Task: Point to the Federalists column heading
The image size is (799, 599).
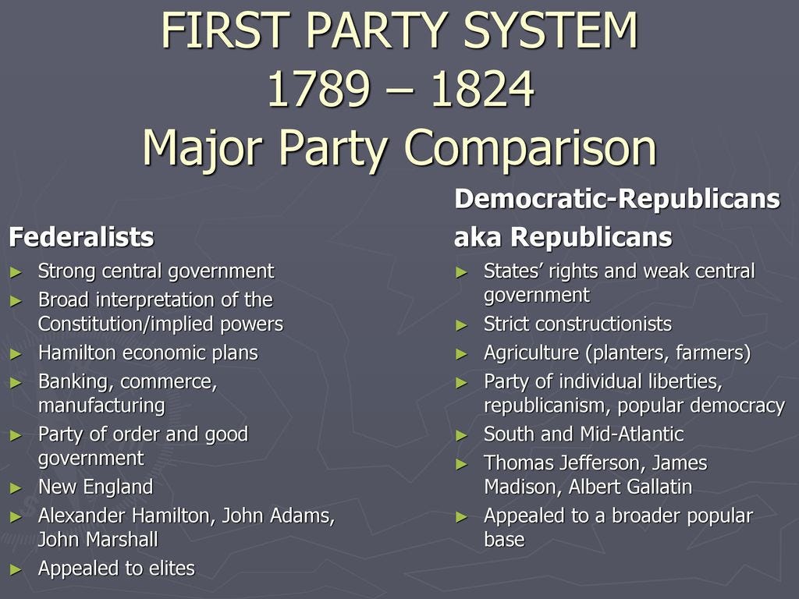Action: [x=81, y=237]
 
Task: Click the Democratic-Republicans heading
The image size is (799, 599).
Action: [x=616, y=199]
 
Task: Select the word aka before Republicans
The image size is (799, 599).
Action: [x=479, y=237]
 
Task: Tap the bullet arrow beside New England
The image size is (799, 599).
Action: [x=17, y=488]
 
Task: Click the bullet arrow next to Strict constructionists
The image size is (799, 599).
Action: [x=463, y=324]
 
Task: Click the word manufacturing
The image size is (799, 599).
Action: [x=101, y=406]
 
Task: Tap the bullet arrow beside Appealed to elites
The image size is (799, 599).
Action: [x=17, y=569]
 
